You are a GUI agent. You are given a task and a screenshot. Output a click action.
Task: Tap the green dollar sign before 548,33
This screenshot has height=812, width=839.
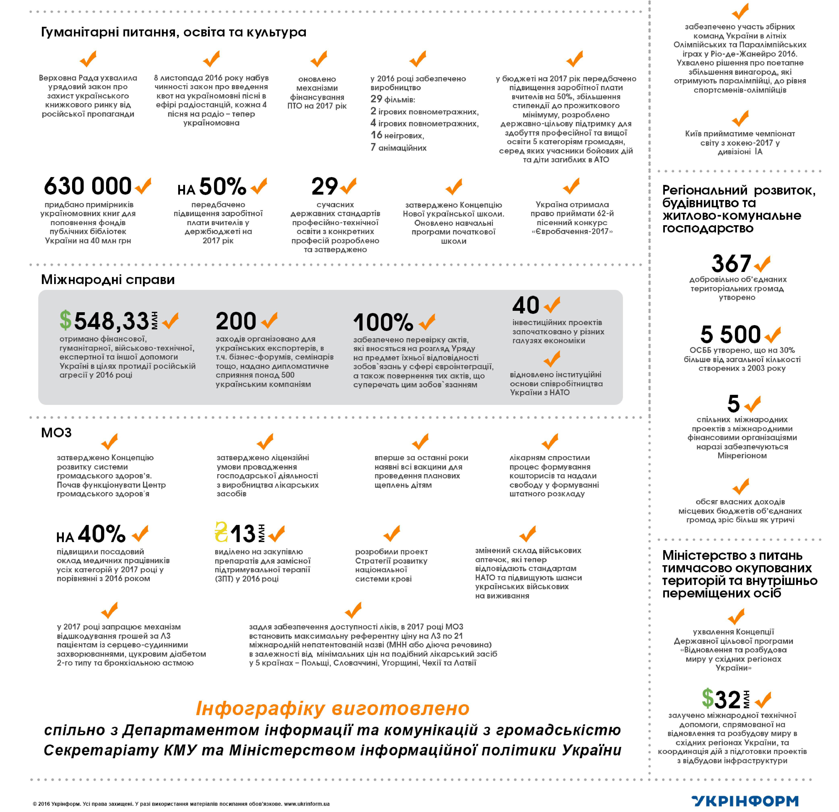[65, 320]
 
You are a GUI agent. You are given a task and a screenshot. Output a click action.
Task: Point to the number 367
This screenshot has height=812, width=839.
[731, 264]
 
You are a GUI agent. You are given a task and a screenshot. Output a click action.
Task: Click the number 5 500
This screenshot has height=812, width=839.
[730, 334]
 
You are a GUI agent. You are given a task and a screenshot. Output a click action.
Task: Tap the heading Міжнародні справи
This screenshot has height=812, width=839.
[108, 280]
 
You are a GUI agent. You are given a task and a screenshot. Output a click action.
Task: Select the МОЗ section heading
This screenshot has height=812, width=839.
[56, 432]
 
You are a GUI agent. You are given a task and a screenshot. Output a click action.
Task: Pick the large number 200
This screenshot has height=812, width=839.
[236, 321]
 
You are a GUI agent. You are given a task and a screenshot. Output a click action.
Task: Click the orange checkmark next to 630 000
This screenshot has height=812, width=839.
[143, 186]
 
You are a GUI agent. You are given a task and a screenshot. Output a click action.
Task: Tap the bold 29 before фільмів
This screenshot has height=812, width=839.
[376, 99]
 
